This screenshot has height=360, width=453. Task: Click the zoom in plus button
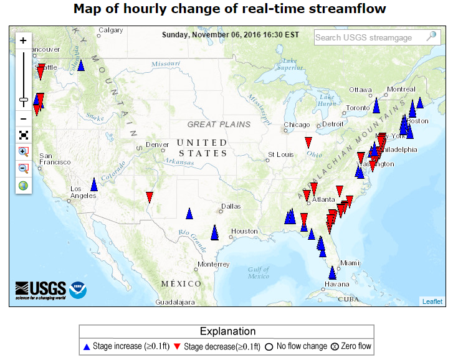(x=23, y=40)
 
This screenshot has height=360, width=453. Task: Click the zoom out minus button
(x=23, y=118)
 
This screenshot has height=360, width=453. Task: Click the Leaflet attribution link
(x=432, y=301)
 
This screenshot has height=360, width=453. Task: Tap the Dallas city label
(x=230, y=206)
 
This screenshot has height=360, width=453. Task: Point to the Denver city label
(x=157, y=144)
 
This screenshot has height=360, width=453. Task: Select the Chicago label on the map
(x=297, y=125)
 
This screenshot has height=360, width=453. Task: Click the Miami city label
(x=350, y=263)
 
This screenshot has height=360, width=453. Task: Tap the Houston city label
(x=244, y=231)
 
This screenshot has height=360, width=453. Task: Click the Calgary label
(x=111, y=30)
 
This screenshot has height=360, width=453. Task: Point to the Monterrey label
(x=214, y=264)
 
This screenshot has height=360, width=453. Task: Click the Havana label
(x=335, y=285)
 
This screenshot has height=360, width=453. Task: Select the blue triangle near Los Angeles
(x=94, y=184)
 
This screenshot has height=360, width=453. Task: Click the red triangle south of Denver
(x=150, y=197)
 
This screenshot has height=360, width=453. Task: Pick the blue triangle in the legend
(x=87, y=346)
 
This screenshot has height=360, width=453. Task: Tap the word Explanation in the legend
(x=227, y=331)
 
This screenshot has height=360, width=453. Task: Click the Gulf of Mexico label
(x=258, y=272)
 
